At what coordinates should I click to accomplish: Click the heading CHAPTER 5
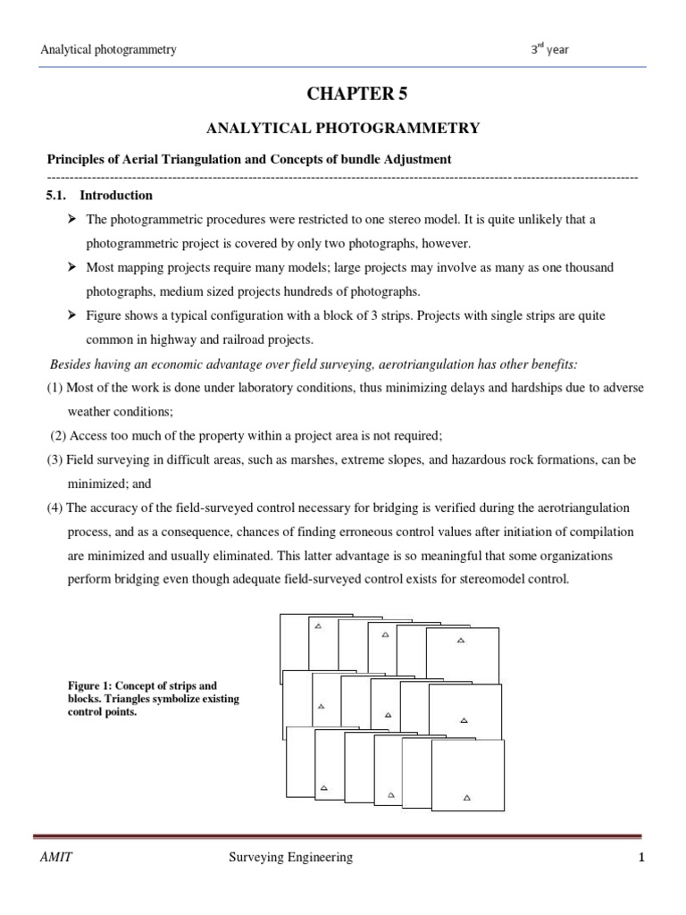[x=344, y=95]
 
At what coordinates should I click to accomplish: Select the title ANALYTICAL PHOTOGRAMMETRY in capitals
[x=343, y=129]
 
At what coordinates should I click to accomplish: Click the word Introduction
[x=116, y=195]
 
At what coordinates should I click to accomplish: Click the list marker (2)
[x=59, y=436]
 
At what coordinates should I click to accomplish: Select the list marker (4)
[x=55, y=508]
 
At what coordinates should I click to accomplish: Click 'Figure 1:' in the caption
[x=79, y=686]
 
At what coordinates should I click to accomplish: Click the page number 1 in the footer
[x=641, y=858]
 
